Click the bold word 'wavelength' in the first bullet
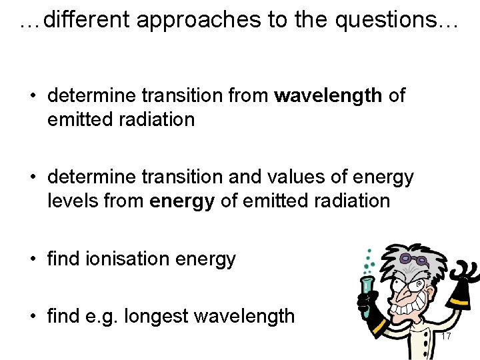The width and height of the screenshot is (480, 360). coord(328,96)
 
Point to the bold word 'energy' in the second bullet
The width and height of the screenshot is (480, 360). coord(182,201)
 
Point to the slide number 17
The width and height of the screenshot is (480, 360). coord(445,336)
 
